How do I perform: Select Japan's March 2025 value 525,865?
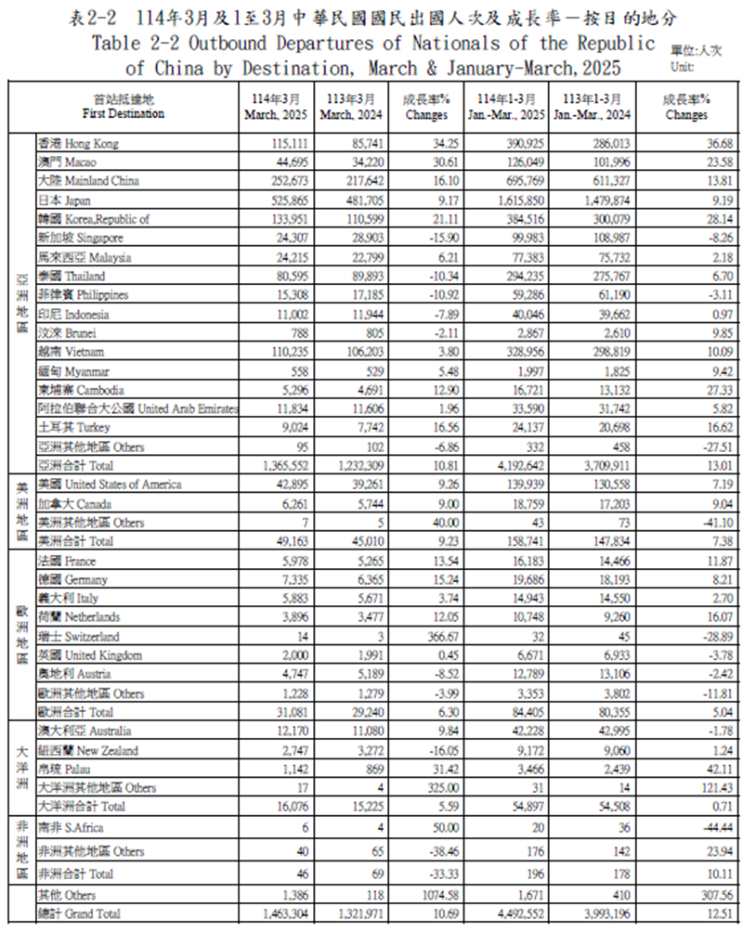[279, 201]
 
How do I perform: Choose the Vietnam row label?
[71, 352]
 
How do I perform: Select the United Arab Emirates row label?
[137, 408]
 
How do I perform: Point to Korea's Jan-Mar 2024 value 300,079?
[591, 219]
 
